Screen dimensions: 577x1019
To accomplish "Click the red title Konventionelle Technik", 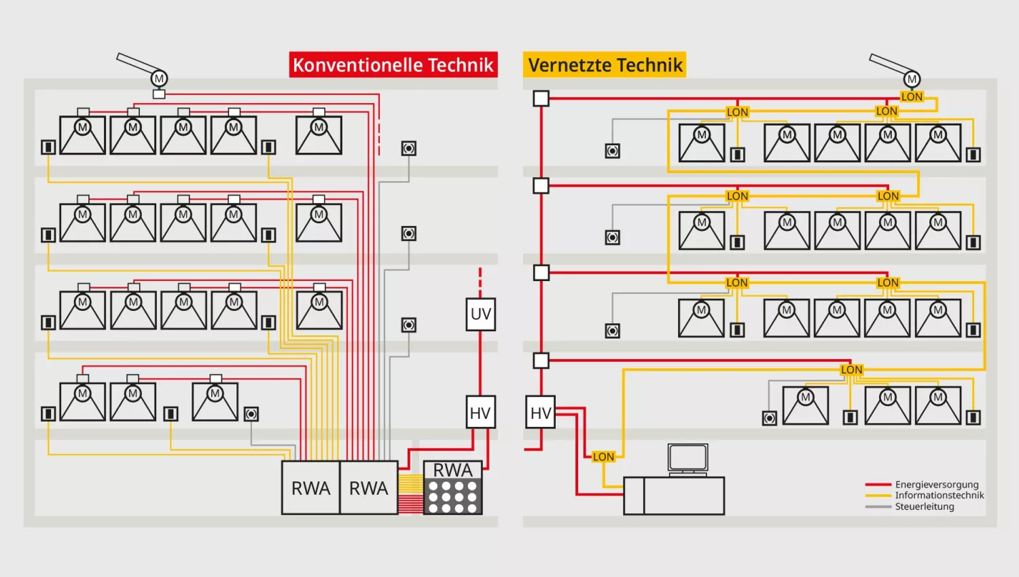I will click(x=393, y=65).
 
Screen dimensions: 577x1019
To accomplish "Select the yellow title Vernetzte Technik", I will click(x=605, y=65).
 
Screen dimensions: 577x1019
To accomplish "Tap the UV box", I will click(x=480, y=314).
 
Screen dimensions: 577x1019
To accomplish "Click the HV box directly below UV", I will click(x=480, y=413).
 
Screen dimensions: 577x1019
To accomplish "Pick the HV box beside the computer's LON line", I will click(x=541, y=413).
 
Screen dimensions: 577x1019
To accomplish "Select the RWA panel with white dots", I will click(x=452, y=489).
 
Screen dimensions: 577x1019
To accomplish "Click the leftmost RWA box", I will click(x=310, y=488).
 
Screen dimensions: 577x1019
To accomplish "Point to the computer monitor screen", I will click(x=687, y=458).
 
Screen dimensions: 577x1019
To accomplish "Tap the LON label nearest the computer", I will click(x=603, y=457).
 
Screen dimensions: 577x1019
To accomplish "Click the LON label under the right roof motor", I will click(x=912, y=97).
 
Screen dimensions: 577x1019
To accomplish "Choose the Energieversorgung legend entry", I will click(x=936, y=485).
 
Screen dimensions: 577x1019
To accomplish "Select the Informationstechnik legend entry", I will click(x=939, y=496).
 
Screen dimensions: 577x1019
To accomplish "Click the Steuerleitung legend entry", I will click(x=924, y=506).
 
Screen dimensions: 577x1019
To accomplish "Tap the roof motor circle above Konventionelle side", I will click(x=159, y=79).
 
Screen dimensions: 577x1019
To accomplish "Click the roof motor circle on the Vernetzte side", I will click(x=912, y=79).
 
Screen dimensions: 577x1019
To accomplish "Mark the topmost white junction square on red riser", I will click(x=541, y=98).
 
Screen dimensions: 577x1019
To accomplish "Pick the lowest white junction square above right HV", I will click(x=541, y=360).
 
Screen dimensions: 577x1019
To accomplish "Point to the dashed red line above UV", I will click(x=480, y=279).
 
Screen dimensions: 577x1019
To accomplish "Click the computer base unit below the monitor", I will click(x=674, y=496).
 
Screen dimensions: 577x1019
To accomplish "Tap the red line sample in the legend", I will click(x=878, y=485).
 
